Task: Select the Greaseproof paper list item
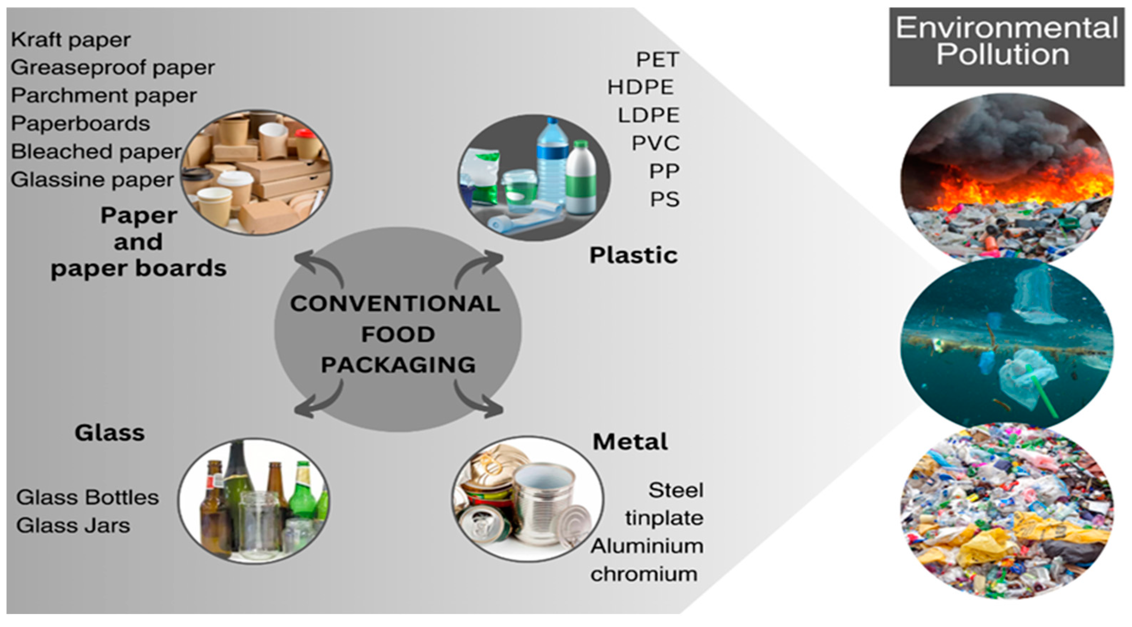113,68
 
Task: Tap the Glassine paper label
92,180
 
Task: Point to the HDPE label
641,87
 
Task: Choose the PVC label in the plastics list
656,143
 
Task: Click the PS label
665,199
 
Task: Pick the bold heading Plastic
633,255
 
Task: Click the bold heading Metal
630,441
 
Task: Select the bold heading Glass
109,433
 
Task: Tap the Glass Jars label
73,525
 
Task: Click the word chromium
644,574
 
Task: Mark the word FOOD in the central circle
398,334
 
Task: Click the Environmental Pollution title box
1006,46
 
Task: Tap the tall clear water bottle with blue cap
552,163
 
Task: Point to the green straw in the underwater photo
1042,391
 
